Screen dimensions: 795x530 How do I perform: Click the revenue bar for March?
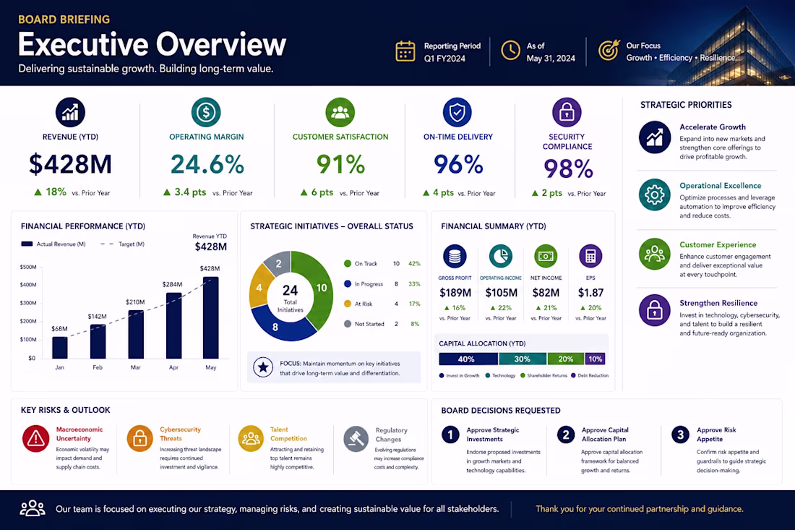tap(136, 334)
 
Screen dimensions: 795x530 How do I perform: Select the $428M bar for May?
tap(211, 318)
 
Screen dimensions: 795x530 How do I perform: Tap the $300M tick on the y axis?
tap(28, 303)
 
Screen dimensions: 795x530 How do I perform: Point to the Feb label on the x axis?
tap(98, 367)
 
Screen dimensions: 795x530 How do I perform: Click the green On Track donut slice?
tap(319, 289)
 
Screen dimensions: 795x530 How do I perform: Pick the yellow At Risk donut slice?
tap(259, 287)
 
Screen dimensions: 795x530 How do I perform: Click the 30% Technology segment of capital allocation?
tap(523, 359)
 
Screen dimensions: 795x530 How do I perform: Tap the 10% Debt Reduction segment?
tap(596, 359)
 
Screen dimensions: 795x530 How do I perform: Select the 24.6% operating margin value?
tap(207, 164)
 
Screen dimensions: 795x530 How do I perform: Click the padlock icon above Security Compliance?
tap(567, 113)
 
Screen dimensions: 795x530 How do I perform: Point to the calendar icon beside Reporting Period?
tap(405, 51)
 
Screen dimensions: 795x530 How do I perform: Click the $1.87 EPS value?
tap(590, 293)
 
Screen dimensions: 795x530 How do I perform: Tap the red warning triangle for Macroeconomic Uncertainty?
tap(35, 438)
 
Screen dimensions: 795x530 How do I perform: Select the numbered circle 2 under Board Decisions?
tap(566, 435)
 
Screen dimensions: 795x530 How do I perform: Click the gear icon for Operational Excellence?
tap(655, 195)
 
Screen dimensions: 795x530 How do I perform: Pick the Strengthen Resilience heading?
tap(718, 303)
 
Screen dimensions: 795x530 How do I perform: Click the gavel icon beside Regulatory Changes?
tap(356, 439)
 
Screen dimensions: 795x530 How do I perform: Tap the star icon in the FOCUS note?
tap(263, 367)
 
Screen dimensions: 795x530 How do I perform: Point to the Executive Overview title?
tap(152, 44)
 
